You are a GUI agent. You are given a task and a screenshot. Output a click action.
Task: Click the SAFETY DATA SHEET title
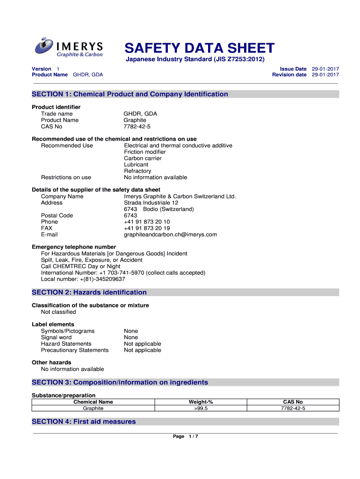click(199, 48)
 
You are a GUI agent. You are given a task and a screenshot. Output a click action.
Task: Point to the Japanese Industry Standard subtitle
click(194, 59)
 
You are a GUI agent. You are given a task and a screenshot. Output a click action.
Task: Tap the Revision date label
click(289, 75)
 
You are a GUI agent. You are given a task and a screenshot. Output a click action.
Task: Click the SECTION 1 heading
click(130, 94)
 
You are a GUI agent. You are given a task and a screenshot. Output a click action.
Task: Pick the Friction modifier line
click(145, 152)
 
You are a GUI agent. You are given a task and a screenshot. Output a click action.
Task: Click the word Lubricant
click(136, 165)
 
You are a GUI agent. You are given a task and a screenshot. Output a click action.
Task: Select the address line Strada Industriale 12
click(151, 203)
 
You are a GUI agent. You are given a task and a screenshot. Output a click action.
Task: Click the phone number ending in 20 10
click(147, 222)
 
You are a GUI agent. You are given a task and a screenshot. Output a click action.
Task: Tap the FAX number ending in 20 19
click(147, 228)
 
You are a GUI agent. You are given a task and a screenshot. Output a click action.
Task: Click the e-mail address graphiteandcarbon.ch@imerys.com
click(170, 234)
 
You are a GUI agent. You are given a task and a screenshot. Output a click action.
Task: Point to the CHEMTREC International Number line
click(123, 273)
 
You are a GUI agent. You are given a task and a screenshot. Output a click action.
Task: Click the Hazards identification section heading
click(89, 292)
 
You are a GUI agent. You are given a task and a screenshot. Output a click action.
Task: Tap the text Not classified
click(58, 312)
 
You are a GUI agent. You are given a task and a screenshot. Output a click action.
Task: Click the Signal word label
click(57, 337)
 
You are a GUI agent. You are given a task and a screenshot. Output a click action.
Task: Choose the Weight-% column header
click(201, 402)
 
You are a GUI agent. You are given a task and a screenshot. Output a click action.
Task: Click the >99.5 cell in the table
click(201, 408)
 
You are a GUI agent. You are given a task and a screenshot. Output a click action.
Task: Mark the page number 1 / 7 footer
click(186, 436)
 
